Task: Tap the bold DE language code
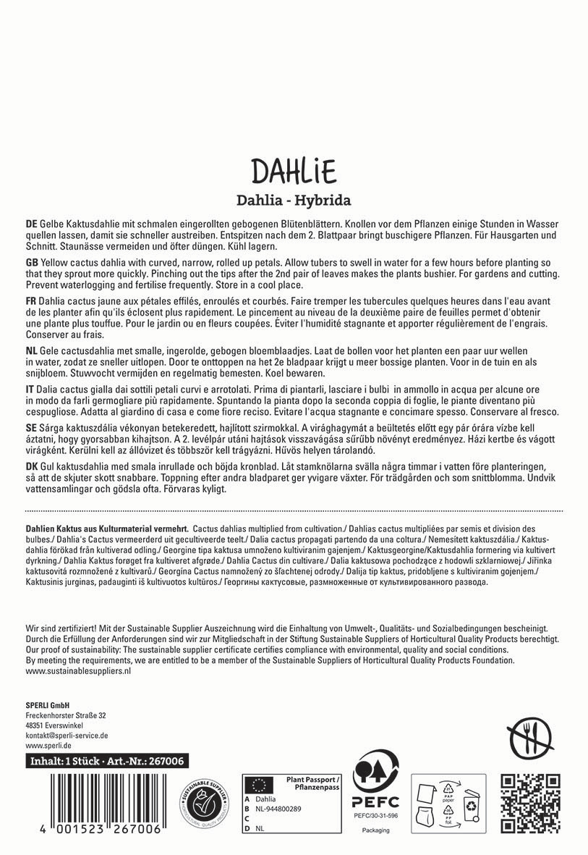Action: coord(31,225)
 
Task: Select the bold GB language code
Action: coord(31,261)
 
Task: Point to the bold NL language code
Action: coord(31,350)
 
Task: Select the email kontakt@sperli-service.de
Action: coord(67,735)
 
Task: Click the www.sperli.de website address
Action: coord(48,745)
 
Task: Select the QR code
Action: coord(531,801)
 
